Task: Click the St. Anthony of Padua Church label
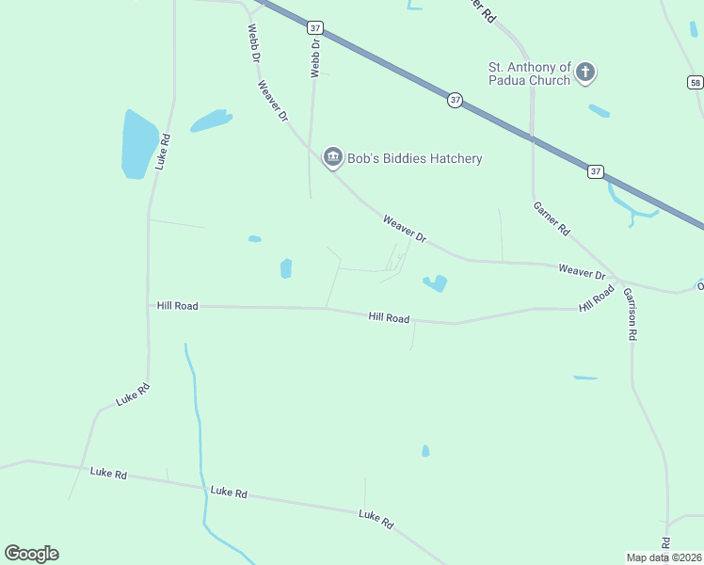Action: [x=529, y=73]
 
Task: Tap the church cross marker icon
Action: [x=585, y=72]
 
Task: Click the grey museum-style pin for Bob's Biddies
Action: [x=332, y=157]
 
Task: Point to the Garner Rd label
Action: [x=552, y=218]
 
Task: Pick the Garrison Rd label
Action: [x=630, y=314]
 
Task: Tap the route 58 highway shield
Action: [x=695, y=83]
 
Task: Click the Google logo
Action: [x=31, y=554]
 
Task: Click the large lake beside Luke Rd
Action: [x=137, y=143]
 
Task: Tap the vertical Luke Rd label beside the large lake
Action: [x=164, y=151]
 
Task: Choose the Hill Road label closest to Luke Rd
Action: [x=178, y=306]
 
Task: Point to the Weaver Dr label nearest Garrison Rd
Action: [x=582, y=272]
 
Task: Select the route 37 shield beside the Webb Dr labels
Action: [x=314, y=28]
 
